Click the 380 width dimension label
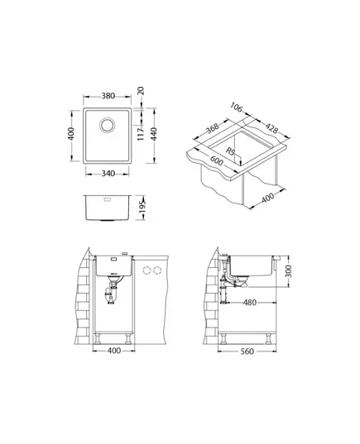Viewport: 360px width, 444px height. (x=108, y=96)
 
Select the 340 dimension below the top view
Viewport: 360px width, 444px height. (x=108, y=174)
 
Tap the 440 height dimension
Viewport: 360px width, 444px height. (x=154, y=134)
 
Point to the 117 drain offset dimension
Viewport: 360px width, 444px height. (x=141, y=134)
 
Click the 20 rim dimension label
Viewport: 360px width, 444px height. (x=141, y=91)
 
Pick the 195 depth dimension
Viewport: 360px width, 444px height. (x=142, y=208)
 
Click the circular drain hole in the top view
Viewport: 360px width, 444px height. (x=108, y=125)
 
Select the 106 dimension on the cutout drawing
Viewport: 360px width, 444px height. (x=236, y=107)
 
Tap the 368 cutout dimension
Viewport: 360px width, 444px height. (x=213, y=128)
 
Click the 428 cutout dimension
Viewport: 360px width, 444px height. (x=271, y=128)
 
